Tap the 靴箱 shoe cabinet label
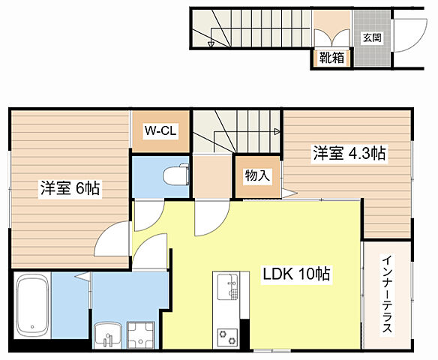click(331, 58)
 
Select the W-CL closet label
click(160, 131)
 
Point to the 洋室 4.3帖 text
click(349, 154)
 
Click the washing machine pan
click(139, 334)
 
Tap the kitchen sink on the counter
click(227, 288)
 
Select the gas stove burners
click(227, 334)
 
